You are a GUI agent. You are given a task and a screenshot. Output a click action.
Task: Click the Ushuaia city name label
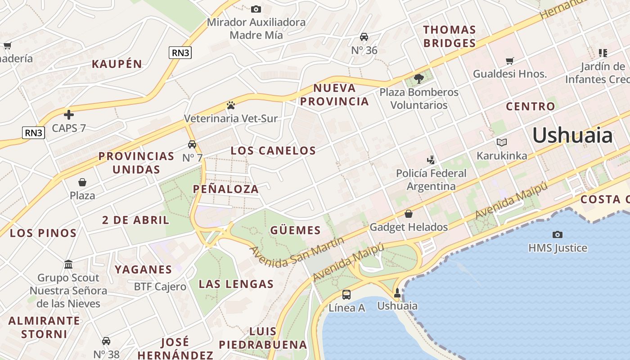(572, 135)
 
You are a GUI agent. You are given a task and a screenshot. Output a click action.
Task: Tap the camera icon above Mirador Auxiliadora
(256, 9)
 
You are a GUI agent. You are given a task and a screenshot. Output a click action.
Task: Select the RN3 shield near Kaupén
(180, 53)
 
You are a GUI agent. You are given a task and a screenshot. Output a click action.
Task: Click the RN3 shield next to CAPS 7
(34, 133)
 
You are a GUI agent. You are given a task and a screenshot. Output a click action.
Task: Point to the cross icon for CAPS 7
(69, 115)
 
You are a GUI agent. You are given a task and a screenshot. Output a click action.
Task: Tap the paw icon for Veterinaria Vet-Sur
(231, 106)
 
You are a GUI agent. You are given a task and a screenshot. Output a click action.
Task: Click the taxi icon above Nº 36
(364, 37)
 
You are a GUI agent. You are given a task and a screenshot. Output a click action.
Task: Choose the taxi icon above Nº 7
(192, 144)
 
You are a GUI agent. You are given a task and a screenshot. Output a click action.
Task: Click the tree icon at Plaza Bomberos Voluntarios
(419, 79)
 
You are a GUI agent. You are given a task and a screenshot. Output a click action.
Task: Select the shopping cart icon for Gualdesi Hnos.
(510, 61)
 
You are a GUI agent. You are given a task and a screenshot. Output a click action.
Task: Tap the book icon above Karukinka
(502, 143)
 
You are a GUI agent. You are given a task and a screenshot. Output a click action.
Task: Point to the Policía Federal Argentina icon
(431, 159)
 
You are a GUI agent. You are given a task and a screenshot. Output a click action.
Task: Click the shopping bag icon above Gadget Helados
(409, 214)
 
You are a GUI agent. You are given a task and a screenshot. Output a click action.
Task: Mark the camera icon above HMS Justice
(558, 234)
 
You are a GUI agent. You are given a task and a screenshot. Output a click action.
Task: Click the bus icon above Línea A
(346, 295)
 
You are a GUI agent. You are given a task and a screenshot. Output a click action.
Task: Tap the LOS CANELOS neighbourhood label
(273, 151)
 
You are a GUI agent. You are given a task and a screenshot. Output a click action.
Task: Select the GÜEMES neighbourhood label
(296, 231)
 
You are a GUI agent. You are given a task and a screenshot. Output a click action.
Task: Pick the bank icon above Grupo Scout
(68, 264)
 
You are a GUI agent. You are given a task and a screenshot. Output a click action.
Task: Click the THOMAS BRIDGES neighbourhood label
(449, 36)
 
